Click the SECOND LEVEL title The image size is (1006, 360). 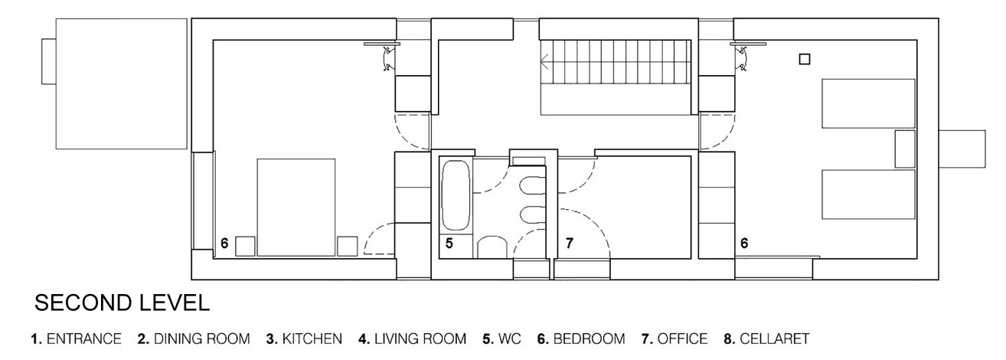click(x=122, y=303)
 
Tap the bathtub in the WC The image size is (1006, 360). click(x=456, y=196)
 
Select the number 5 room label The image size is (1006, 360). click(x=449, y=244)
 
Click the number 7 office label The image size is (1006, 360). click(x=570, y=244)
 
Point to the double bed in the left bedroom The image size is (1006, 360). click(x=296, y=207)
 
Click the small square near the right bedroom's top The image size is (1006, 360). click(x=805, y=59)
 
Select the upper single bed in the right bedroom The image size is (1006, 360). click(x=868, y=103)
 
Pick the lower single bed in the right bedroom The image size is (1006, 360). click(x=868, y=194)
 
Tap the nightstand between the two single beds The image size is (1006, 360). click(x=905, y=149)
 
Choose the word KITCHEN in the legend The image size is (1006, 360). click(x=312, y=339)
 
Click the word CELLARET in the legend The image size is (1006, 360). click(x=774, y=339)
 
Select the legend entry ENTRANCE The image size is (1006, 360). click(x=84, y=339)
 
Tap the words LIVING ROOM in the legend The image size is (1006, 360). click(x=420, y=339)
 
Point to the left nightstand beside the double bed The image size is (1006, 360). click(x=245, y=247)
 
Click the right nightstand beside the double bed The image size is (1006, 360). click(x=348, y=247)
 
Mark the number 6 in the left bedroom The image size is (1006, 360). click(x=224, y=244)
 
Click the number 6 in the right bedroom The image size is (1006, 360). click(x=744, y=244)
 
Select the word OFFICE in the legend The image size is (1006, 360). click(x=682, y=339)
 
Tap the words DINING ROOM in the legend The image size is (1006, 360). click(x=201, y=339)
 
